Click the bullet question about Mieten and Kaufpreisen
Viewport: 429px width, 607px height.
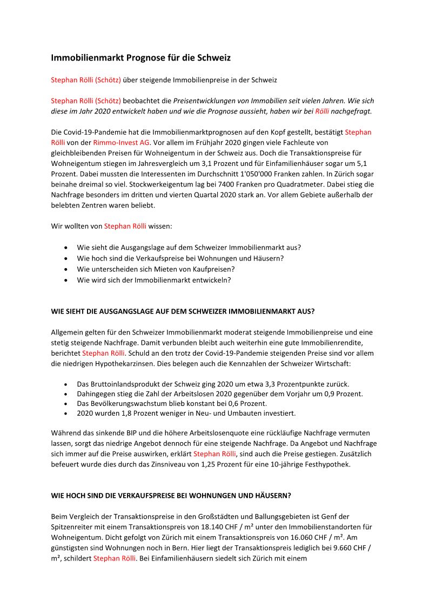click(x=156, y=269)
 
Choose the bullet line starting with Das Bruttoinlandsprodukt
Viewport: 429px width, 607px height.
click(x=213, y=383)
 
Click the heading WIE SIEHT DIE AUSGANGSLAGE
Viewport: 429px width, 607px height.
click(x=183, y=312)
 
